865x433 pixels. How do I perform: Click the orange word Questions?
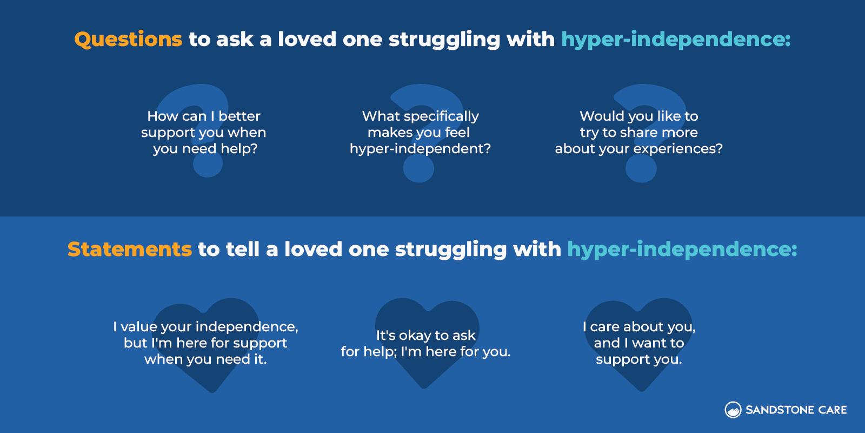128,40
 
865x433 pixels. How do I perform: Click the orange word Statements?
129,250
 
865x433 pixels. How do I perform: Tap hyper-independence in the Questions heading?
676,40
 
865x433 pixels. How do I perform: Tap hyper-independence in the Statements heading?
682,250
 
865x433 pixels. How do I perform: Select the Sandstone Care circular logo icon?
733,410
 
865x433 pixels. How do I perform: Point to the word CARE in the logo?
833,410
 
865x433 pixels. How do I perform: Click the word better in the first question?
239,116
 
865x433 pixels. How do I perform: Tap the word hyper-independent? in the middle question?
420,149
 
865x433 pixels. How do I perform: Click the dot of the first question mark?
207,165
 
